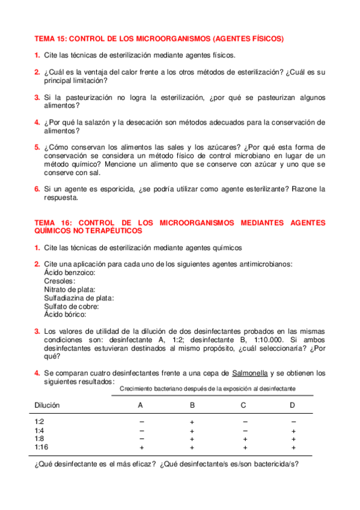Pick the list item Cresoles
pos(59,281)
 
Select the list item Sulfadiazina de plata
pos(79,297)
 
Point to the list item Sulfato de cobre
pos(72,306)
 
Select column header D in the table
pos(293,405)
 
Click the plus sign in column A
pos(141,447)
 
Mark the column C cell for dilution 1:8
pos(243,439)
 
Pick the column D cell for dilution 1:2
pos(293,422)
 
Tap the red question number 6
pos(37,189)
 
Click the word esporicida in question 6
pos(113,189)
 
